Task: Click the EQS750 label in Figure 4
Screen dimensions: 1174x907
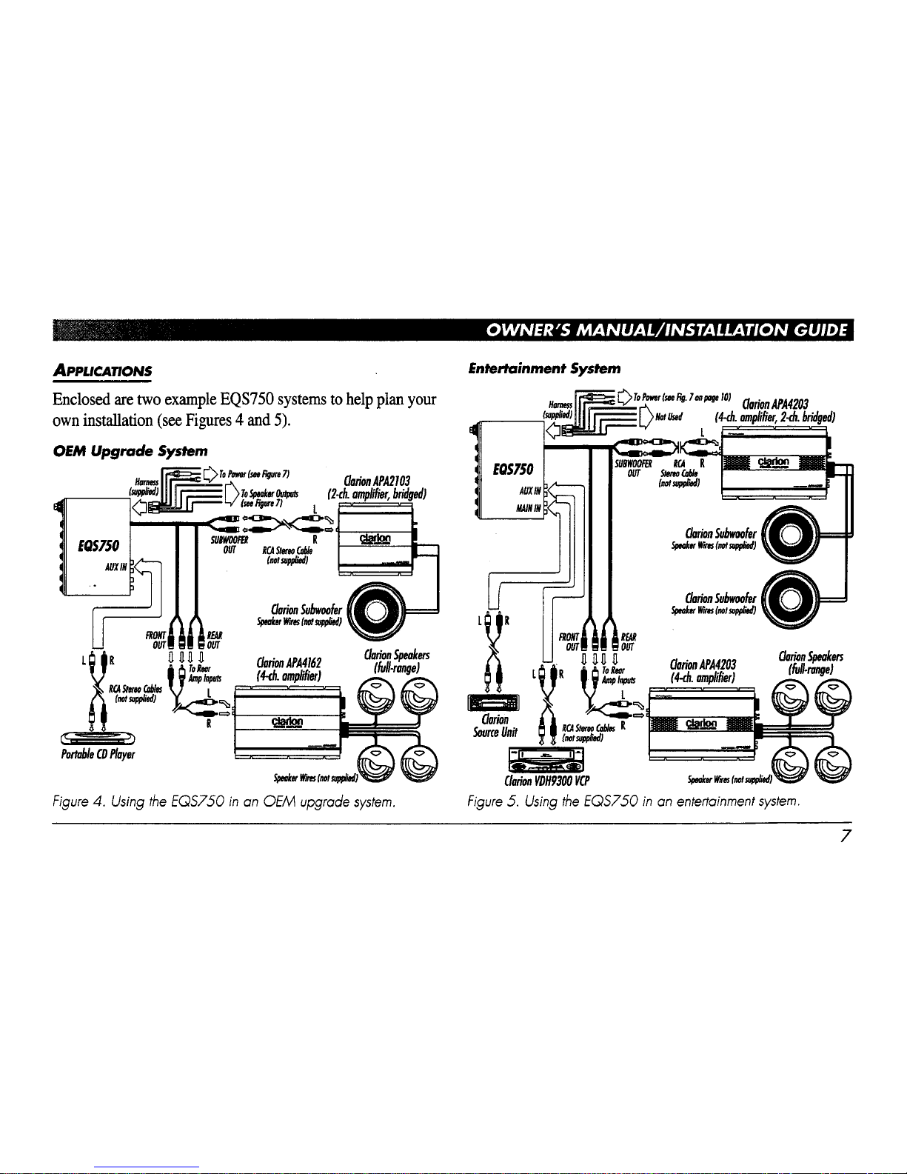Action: coord(92,546)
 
